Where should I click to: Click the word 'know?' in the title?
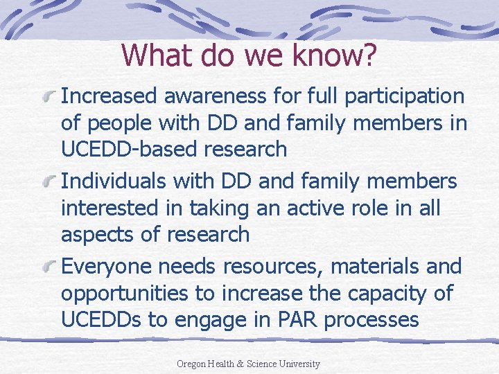point(335,55)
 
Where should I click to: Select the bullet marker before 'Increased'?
point(49,97)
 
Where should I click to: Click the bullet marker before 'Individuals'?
point(49,183)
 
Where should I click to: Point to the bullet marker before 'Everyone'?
point(49,268)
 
